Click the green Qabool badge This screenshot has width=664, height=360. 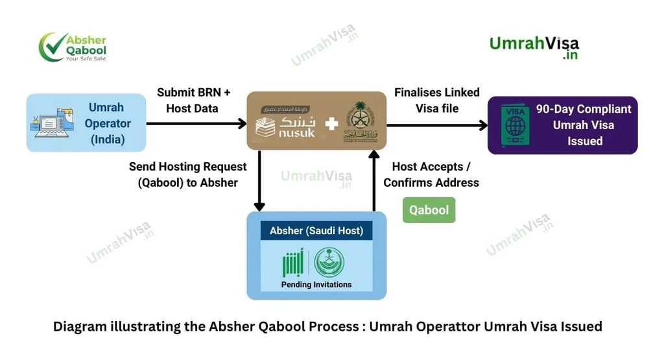(x=429, y=210)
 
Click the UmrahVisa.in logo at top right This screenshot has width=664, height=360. (x=534, y=47)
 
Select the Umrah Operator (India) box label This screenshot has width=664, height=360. (x=106, y=123)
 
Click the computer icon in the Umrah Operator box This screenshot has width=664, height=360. (x=52, y=123)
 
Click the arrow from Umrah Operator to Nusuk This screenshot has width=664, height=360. (x=195, y=123)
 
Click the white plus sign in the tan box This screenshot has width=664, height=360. (x=331, y=122)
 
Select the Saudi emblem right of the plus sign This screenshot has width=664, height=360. (x=360, y=121)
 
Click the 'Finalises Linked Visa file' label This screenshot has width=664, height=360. (x=436, y=101)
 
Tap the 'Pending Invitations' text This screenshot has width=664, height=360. (x=316, y=284)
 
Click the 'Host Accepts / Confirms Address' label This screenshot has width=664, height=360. (x=431, y=174)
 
